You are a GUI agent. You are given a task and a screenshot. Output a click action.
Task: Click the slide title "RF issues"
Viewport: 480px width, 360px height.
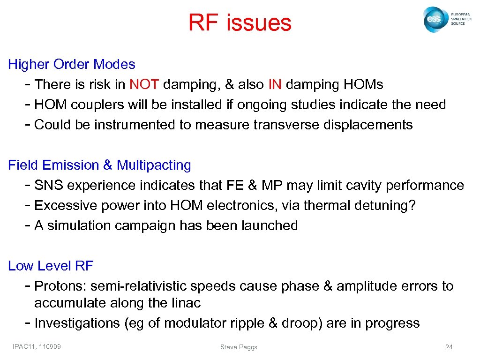tap(240, 22)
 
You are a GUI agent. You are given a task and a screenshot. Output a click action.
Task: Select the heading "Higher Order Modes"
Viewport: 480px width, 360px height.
tap(72, 64)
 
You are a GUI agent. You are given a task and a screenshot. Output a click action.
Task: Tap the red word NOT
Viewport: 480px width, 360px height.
tap(145, 84)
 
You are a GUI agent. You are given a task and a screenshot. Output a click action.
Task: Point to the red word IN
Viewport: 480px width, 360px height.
tap(275, 84)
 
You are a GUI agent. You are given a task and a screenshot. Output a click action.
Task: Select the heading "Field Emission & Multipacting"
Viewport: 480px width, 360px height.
tap(100, 165)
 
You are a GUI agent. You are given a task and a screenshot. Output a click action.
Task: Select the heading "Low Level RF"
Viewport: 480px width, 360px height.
tap(51, 266)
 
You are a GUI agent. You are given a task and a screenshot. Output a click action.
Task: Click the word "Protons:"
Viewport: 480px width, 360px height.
tap(60, 286)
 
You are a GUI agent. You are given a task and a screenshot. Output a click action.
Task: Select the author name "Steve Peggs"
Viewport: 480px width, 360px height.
tap(239, 347)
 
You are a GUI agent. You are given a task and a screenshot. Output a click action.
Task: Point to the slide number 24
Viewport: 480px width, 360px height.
tap(449, 347)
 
